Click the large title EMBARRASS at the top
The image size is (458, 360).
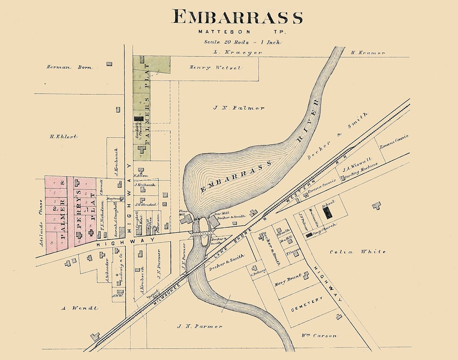tap(237, 17)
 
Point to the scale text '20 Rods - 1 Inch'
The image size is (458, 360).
tap(243, 42)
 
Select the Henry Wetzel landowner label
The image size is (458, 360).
tap(209, 67)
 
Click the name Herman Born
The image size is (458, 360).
tap(69, 67)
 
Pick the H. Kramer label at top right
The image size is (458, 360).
tap(368, 53)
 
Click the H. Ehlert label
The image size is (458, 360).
tap(64, 137)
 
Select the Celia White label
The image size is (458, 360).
tap(357, 251)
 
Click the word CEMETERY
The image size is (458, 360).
tap(307, 305)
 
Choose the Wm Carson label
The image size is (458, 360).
tap(319, 335)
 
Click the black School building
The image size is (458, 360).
tap(328, 213)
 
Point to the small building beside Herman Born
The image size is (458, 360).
tap(109, 64)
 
